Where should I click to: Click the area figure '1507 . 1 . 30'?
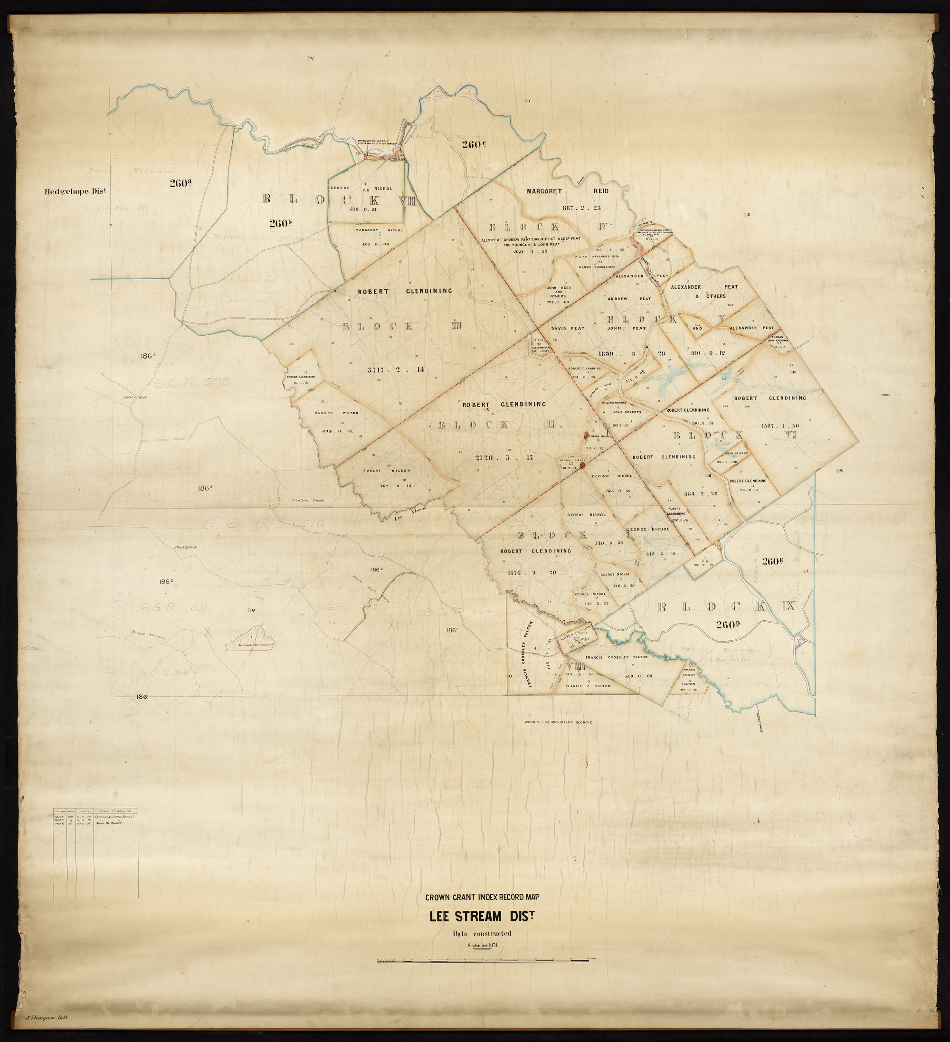click(x=780, y=426)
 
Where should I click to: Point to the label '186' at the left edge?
click(x=142, y=697)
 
